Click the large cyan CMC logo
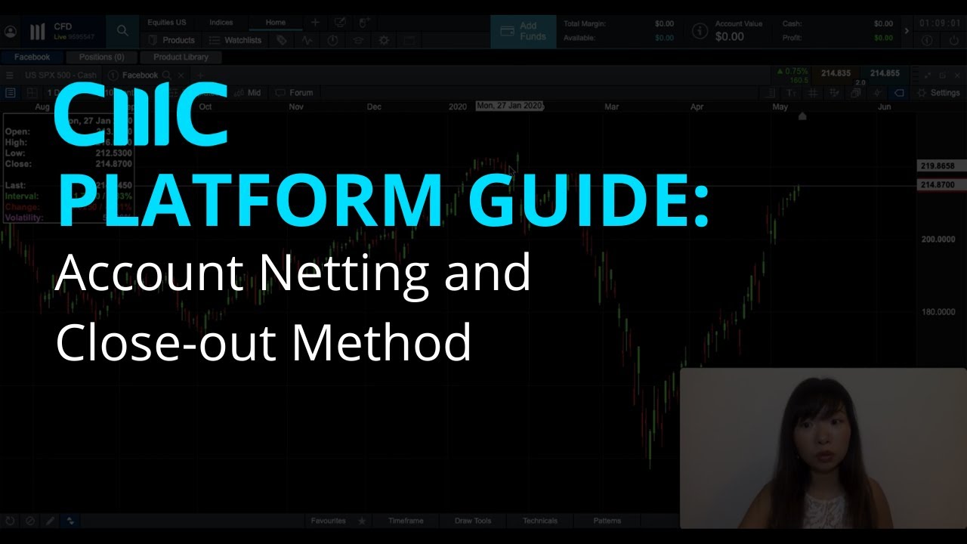141,115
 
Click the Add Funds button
523,31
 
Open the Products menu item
172,40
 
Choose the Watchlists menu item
236,40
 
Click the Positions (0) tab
101,57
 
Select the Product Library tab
181,57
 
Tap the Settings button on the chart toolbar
938,93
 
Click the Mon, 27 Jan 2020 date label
510,107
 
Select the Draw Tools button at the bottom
473,521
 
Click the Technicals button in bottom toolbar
539,521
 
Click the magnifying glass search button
122,31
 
